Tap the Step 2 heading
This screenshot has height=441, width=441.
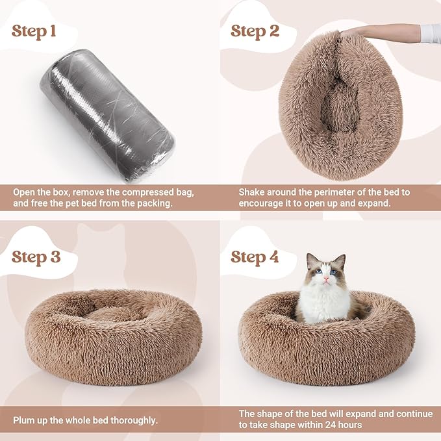255,31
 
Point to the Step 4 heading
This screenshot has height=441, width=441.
255,257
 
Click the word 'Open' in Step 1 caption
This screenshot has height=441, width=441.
25,193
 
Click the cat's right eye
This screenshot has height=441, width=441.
316,272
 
